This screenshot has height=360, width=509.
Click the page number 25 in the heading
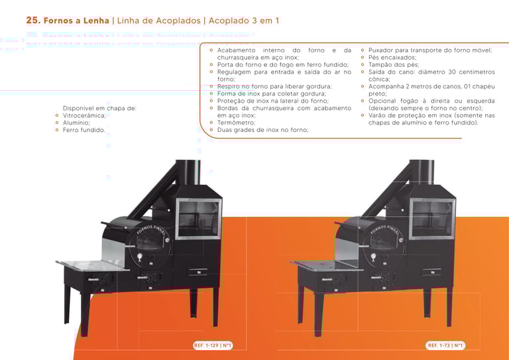point(32,21)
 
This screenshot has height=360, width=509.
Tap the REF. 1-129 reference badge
point(211,345)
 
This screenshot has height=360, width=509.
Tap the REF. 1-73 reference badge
point(445,345)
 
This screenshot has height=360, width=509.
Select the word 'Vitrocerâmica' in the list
point(84,115)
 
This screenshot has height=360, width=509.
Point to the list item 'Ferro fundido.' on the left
point(84,130)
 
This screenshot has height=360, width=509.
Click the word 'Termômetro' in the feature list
point(236,123)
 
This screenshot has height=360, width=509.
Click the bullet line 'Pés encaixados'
point(393,58)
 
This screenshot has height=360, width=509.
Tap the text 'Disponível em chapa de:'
point(99,108)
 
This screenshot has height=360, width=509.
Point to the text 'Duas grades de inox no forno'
point(262,130)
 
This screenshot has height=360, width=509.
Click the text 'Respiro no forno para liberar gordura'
point(274,87)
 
